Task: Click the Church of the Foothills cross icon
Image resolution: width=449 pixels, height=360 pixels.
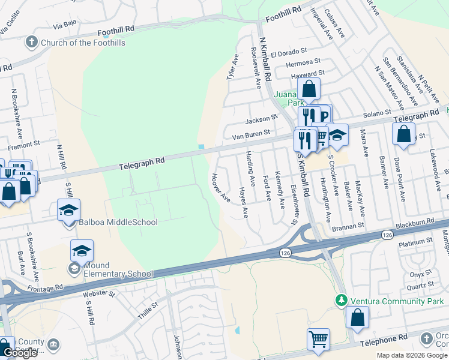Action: coord(32,43)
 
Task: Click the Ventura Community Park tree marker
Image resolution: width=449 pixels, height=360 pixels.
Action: coord(342,299)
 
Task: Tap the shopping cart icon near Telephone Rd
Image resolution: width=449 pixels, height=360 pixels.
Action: coord(318,338)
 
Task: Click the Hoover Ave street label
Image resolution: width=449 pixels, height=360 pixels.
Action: coord(220,187)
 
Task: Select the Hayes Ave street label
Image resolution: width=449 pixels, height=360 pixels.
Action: coord(243,202)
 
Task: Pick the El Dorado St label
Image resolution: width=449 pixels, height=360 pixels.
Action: coord(289,53)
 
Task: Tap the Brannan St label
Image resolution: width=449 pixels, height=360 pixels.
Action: coord(346,226)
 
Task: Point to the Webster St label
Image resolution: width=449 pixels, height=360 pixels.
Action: coord(98,293)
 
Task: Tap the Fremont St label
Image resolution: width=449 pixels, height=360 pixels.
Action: coord(23,145)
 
